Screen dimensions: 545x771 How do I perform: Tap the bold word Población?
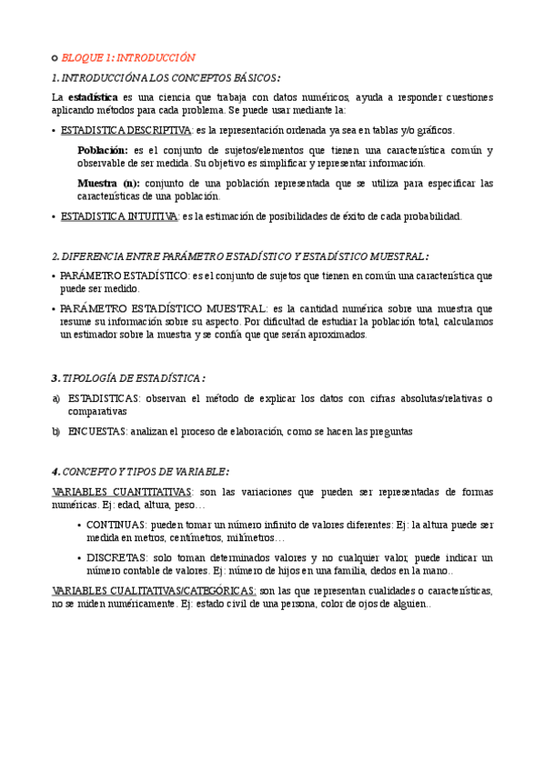(102, 150)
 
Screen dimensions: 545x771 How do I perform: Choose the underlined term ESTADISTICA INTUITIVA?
(119, 216)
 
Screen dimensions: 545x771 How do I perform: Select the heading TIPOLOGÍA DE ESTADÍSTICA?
(127, 378)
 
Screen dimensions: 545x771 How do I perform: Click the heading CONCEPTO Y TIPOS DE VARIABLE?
(140, 471)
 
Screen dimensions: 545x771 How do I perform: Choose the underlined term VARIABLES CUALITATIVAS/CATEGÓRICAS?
(154, 591)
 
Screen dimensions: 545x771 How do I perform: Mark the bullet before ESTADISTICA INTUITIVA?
(54, 217)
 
